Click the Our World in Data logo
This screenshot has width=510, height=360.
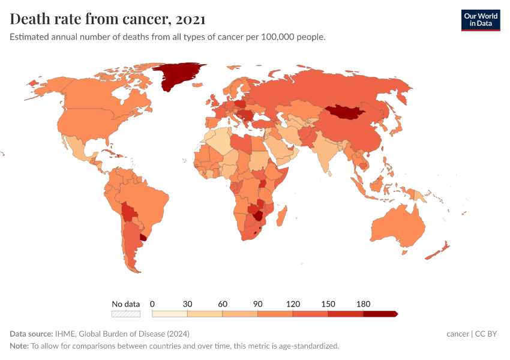point(480,20)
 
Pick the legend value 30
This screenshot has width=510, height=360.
point(187,304)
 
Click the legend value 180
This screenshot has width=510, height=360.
point(363,304)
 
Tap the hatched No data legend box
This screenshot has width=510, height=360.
point(126,313)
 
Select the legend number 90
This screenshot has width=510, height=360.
point(257,304)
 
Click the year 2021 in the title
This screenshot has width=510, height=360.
point(191,19)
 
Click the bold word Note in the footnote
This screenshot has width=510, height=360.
point(19,346)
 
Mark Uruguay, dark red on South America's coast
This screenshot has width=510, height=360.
point(144,237)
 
